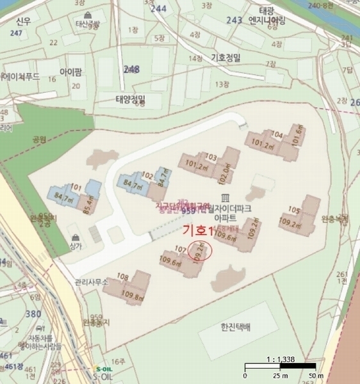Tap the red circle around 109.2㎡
point(200,252)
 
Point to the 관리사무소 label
point(92,282)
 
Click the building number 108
point(123,277)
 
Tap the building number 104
point(277,134)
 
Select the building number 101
point(76,187)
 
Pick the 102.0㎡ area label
point(225,173)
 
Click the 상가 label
point(76,246)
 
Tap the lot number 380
point(34,313)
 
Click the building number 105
point(293,210)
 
